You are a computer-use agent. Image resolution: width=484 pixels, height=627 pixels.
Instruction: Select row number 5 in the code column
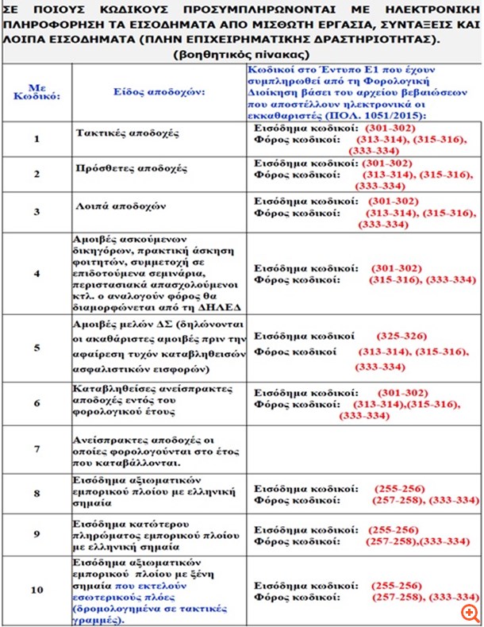click(x=36, y=347)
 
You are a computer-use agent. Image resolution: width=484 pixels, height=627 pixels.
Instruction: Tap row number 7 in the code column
click(x=36, y=448)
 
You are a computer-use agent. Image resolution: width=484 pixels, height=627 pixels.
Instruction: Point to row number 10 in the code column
click(x=36, y=590)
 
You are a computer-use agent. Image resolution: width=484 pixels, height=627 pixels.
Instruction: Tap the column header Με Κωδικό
click(x=36, y=92)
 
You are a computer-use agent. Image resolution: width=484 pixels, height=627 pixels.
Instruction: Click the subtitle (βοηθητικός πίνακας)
click(x=240, y=54)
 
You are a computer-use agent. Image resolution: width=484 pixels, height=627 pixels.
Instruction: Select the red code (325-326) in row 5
click(x=400, y=336)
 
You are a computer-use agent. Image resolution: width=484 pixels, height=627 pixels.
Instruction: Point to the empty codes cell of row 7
click(x=363, y=448)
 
